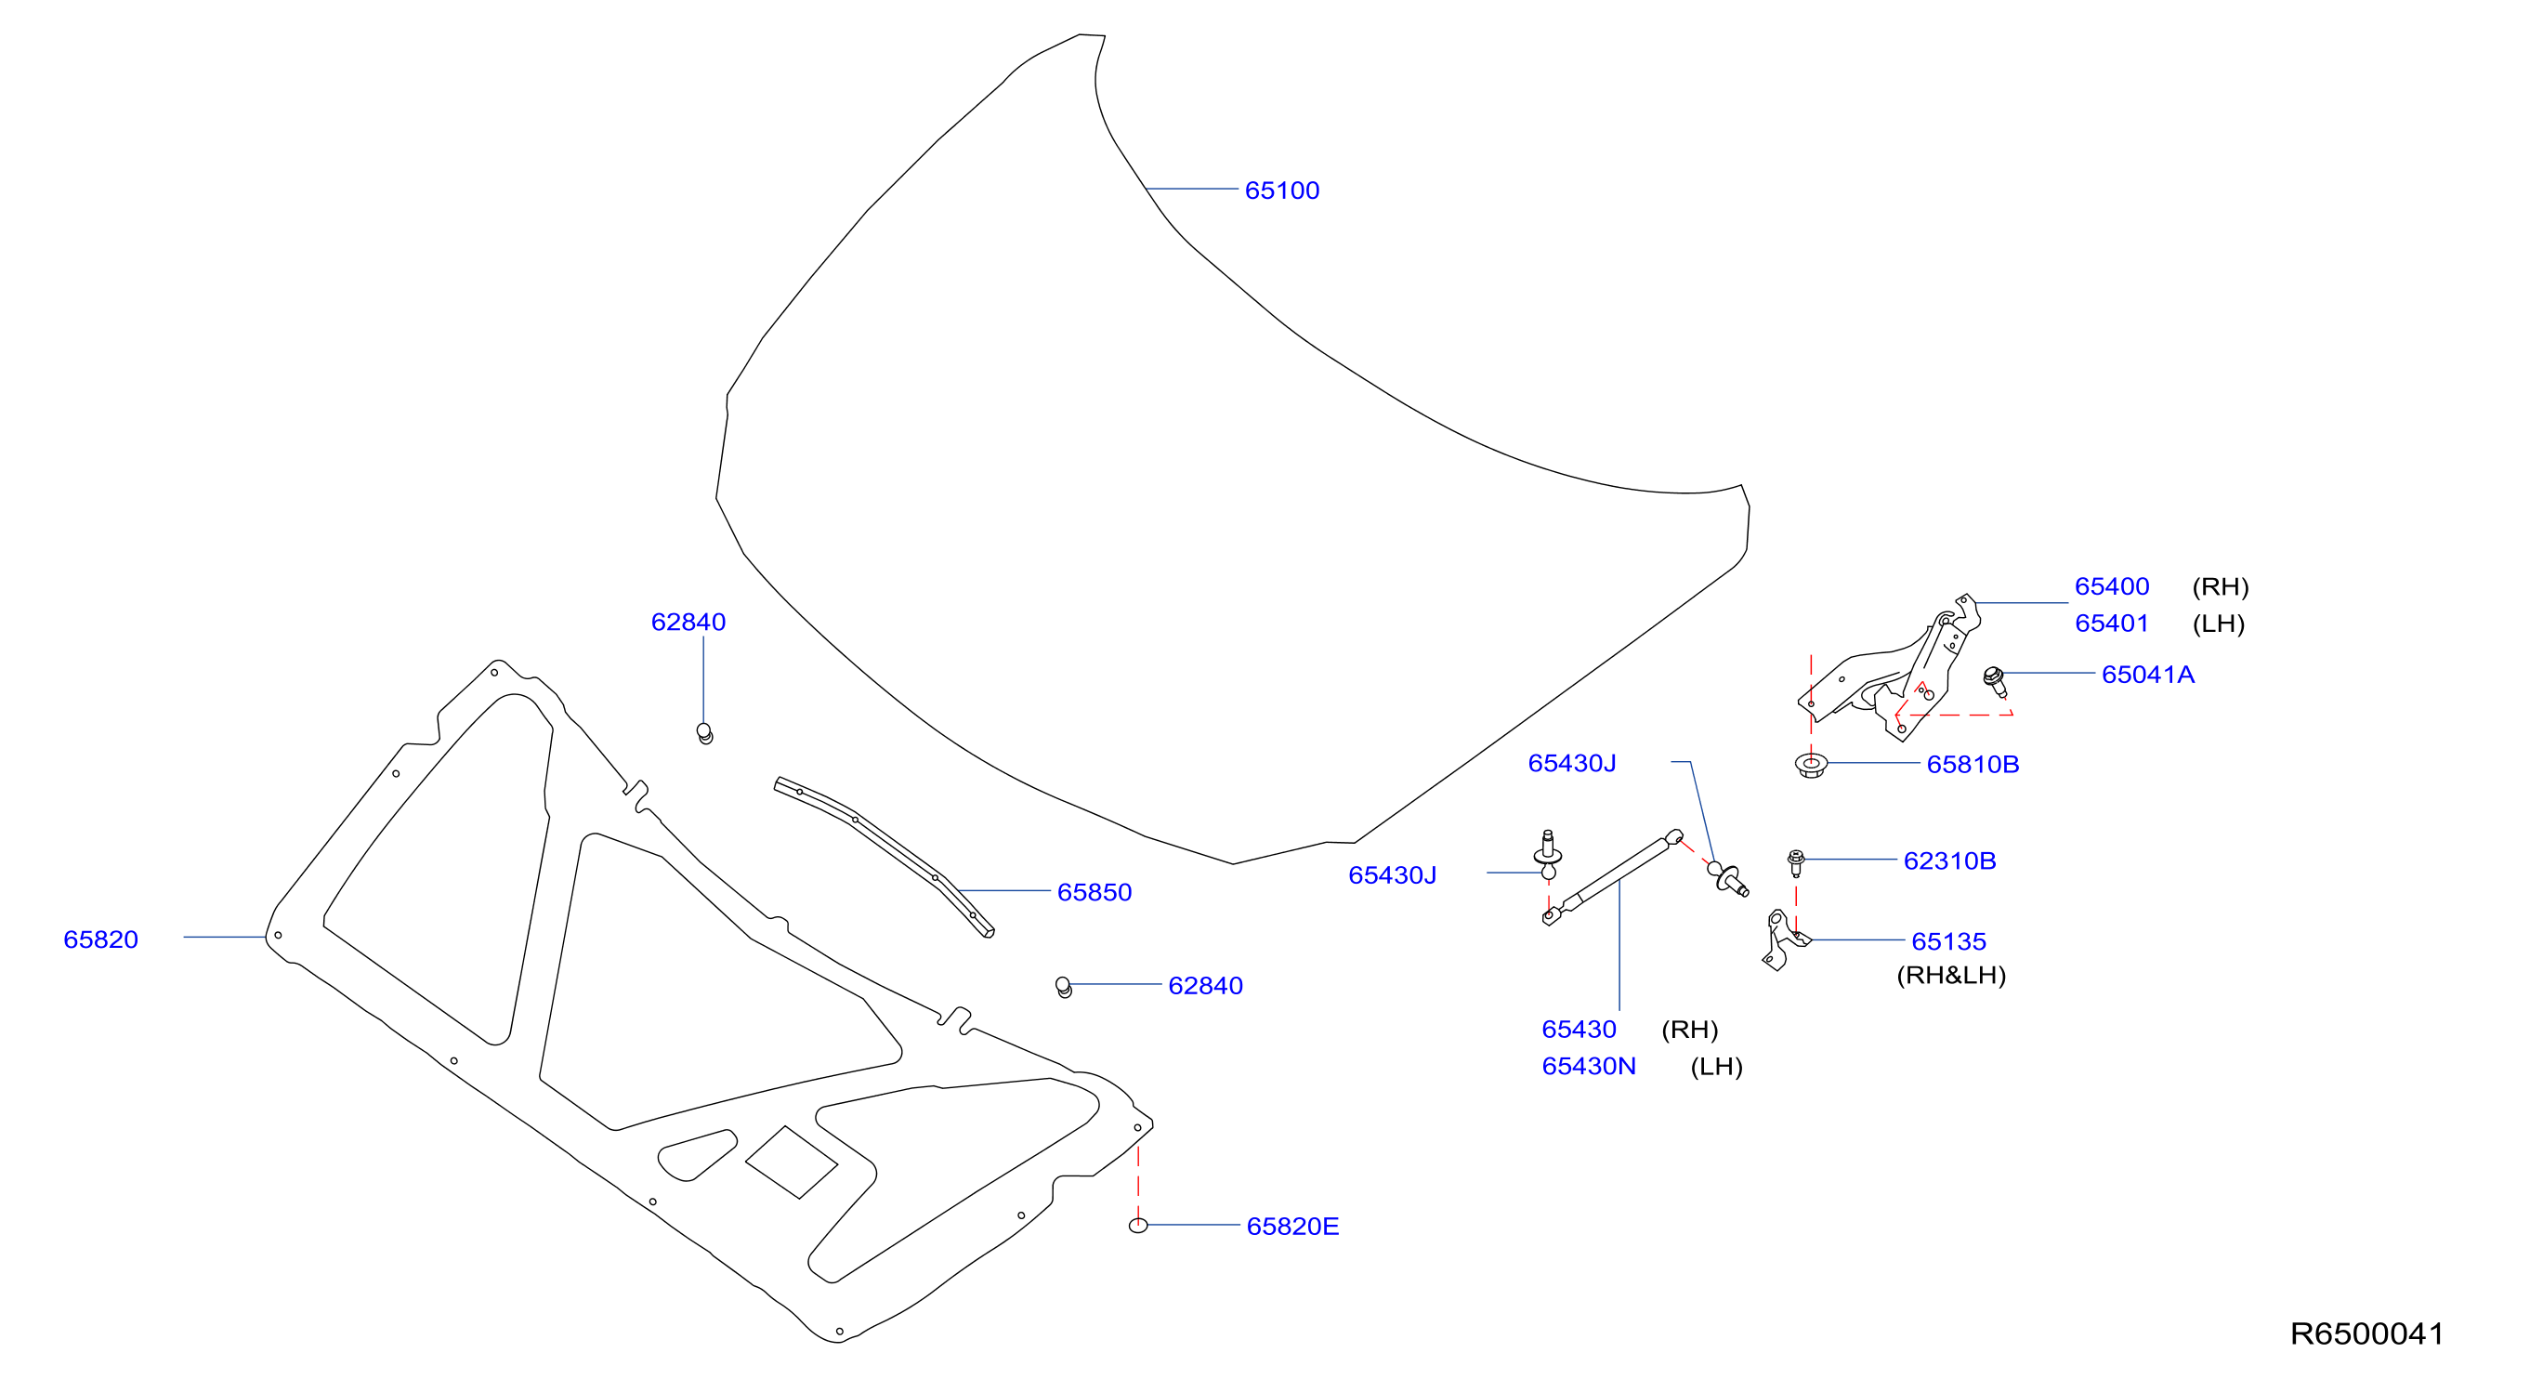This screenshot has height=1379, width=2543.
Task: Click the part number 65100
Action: coord(1281,190)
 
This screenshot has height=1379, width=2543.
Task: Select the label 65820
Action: coord(100,939)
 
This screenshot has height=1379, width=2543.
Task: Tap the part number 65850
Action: coord(1094,892)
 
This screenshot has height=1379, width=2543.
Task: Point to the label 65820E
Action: coord(1292,1226)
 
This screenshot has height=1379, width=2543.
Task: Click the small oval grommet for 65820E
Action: coord(1138,1225)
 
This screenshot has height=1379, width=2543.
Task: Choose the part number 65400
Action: coord(2112,586)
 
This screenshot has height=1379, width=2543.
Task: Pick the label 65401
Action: coord(2112,624)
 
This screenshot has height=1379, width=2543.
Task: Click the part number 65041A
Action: coord(2148,675)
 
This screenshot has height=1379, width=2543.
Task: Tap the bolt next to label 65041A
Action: coord(1995,681)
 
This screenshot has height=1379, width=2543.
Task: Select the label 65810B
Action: coord(1973,764)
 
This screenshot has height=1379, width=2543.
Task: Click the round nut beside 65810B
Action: coord(1811,764)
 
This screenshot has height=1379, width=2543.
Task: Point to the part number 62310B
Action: coord(1949,860)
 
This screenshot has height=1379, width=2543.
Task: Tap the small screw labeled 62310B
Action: coord(1796,862)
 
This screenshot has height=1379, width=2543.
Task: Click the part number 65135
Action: coord(1948,941)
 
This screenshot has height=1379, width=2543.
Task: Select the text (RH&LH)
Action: coord(1952,976)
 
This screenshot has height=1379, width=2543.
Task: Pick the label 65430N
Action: coord(1589,1066)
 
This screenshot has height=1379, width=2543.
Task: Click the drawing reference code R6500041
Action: coord(2367,1333)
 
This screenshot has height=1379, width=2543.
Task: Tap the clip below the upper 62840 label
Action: coord(705,732)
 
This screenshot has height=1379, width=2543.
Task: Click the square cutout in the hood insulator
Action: coord(791,1162)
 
